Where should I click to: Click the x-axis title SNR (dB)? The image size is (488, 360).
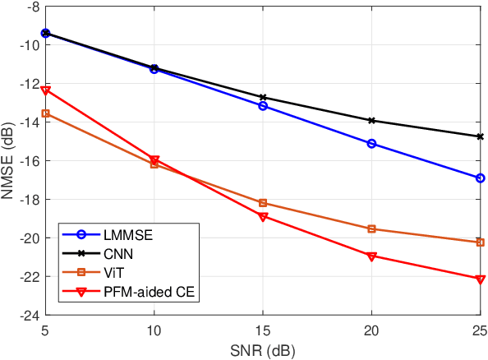pos(262,349)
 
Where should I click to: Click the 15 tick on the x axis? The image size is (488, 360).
pos(263,330)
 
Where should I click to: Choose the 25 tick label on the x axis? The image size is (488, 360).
pos(479,330)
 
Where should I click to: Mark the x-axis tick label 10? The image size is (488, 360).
pos(154,330)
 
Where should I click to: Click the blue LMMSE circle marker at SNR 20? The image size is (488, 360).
pos(371,143)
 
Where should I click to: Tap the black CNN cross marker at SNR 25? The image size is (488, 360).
pos(481,136)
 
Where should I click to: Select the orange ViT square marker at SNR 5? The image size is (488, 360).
pos(46,113)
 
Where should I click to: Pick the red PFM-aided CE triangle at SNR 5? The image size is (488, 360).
pos(46,90)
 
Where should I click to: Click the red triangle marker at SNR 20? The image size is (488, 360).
pos(371,256)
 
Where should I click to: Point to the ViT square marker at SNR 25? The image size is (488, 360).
pos(481,242)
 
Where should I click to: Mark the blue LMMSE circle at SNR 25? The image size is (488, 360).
pos(481,178)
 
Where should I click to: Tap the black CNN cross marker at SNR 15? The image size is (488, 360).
pos(263,97)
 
